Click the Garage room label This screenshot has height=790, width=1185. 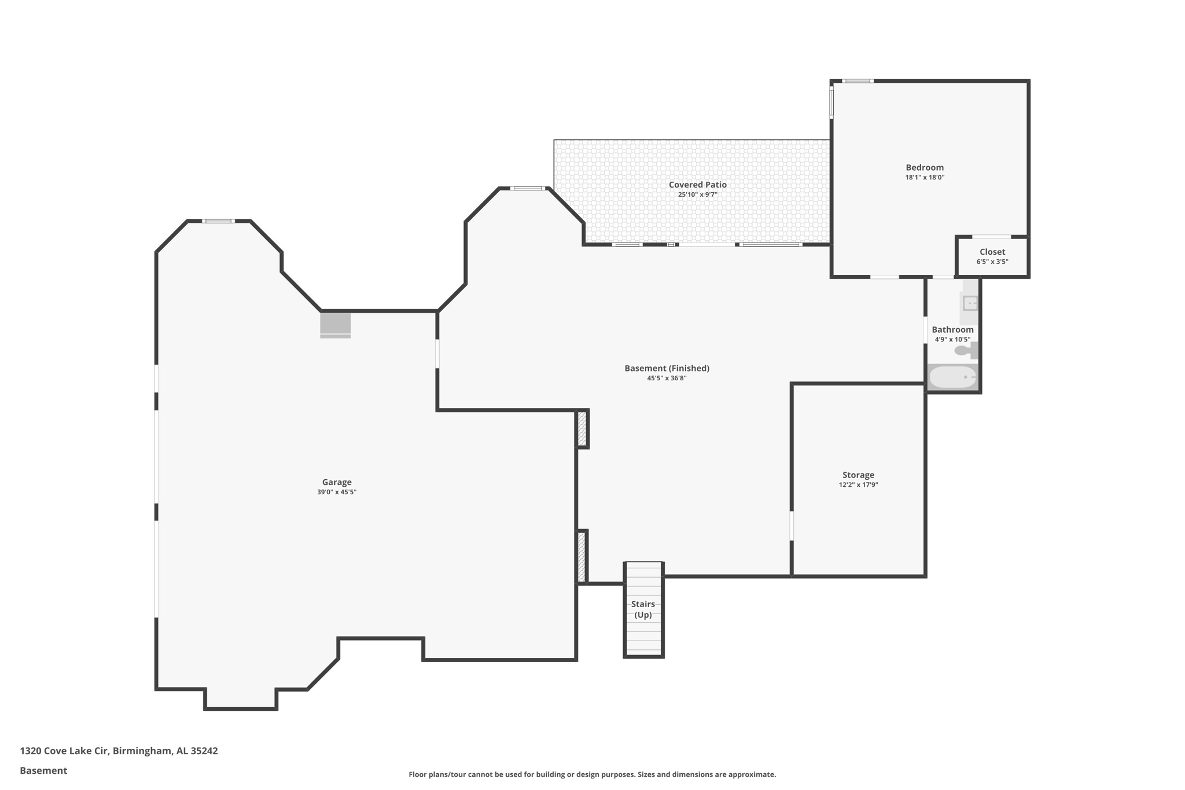point(337,482)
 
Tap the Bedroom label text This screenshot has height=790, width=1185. point(925,167)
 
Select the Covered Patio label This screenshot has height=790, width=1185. point(698,185)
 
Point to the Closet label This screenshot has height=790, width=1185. point(992,252)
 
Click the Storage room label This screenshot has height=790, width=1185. point(858,475)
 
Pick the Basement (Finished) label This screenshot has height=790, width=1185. point(667,368)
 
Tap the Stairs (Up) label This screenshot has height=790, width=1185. point(643,609)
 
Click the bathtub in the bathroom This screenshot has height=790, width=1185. point(952,377)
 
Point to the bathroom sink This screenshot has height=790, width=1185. point(970,303)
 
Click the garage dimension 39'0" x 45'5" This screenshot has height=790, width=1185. point(337,492)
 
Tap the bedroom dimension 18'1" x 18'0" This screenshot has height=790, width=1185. point(925,178)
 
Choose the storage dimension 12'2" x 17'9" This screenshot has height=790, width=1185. point(858,485)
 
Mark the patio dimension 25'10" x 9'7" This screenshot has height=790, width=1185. point(698,195)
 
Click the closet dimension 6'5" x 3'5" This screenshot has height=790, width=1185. point(992,262)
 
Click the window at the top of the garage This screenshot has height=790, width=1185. point(218,221)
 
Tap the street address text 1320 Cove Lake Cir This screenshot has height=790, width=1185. point(64,751)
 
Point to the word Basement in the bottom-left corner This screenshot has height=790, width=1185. point(43,770)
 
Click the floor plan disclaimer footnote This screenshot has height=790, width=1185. point(592,774)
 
